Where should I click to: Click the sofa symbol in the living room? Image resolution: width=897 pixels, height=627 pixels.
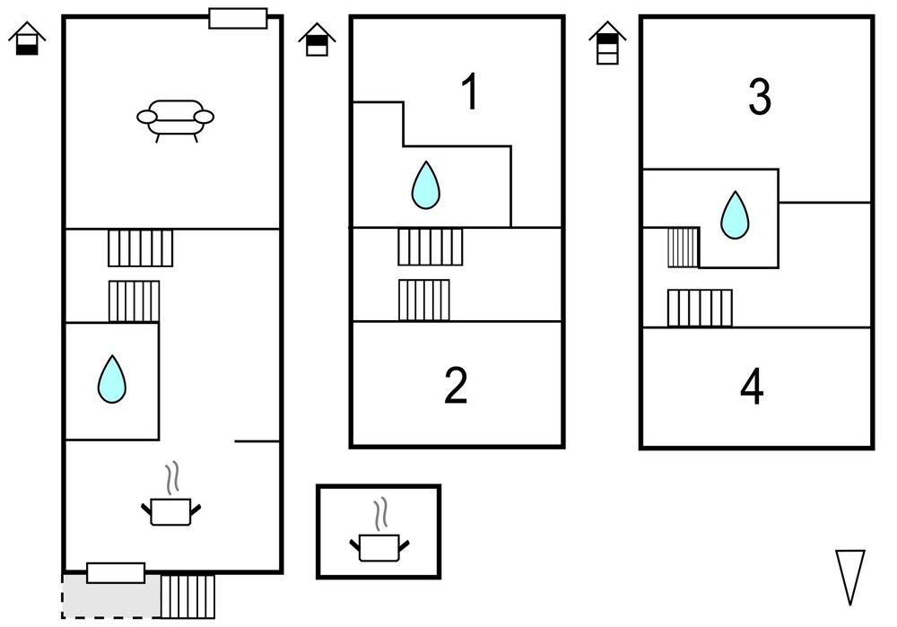click(175, 120)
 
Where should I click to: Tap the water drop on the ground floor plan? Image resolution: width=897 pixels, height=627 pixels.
click(111, 379)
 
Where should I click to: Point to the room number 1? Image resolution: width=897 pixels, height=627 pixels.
click(470, 91)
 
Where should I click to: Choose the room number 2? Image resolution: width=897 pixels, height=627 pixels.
click(456, 386)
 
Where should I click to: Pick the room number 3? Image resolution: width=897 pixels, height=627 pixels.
click(760, 97)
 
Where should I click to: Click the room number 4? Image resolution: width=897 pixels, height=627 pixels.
click(752, 387)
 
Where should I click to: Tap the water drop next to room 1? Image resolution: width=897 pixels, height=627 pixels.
click(425, 186)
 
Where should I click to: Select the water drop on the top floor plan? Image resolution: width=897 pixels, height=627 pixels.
click(735, 215)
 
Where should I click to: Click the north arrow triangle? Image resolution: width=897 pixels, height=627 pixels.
click(850, 577)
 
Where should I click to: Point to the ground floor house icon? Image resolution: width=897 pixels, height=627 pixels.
click(27, 39)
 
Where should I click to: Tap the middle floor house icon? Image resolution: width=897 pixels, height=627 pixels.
click(317, 39)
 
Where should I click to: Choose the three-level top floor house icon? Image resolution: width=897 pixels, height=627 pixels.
click(607, 43)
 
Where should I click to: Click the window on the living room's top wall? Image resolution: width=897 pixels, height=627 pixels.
click(238, 18)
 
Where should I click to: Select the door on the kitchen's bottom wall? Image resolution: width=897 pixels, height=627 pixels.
click(116, 572)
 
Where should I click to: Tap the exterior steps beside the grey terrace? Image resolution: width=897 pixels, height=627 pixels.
click(187, 597)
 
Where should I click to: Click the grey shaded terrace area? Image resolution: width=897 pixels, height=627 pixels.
click(111, 597)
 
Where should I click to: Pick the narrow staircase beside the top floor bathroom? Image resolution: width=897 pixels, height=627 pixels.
click(683, 248)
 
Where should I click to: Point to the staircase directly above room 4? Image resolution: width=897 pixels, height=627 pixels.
click(700, 308)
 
